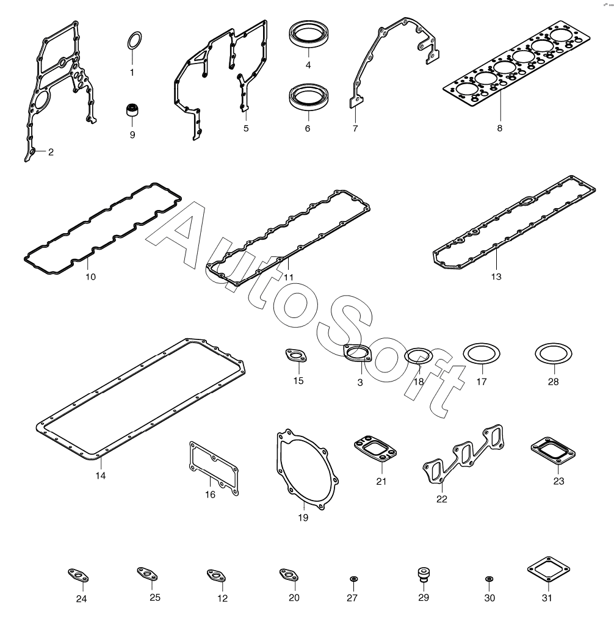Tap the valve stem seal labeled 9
coord(132,109)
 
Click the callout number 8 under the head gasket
coord(500,128)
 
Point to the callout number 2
coord(51,152)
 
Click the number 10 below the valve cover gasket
coord(91,277)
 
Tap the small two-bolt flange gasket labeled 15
coord(296,355)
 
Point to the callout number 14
coord(101,476)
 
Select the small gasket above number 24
coord(78,575)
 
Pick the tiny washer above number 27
coord(353,579)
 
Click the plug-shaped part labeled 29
coord(424,574)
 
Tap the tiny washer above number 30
coord(489,579)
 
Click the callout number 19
coord(303,518)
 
